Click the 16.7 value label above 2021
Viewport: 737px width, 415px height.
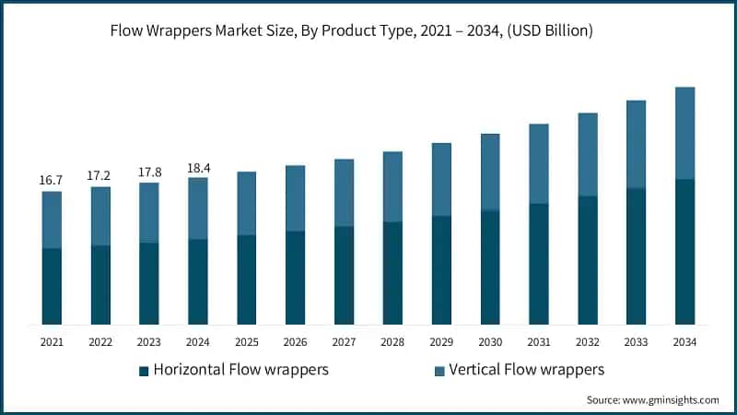[x=52, y=179]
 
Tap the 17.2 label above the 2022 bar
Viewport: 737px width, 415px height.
[x=100, y=174]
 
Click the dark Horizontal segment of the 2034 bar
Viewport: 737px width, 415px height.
[x=684, y=251]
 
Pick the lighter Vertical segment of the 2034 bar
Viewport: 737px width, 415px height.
[x=684, y=133]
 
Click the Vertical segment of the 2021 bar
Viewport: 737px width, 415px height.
[x=52, y=219]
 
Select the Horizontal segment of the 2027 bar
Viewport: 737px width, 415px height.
[x=344, y=275]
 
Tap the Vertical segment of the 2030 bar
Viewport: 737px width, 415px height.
[x=490, y=172]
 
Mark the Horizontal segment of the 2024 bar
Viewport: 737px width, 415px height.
[x=197, y=281]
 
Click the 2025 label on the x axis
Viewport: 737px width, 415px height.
[x=246, y=342]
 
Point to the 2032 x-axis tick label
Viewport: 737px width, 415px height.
[x=587, y=342]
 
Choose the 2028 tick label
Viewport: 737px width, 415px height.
[x=392, y=342]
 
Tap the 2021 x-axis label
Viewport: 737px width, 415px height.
[x=52, y=342]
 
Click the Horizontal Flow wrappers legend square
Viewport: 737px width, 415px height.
[x=144, y=372]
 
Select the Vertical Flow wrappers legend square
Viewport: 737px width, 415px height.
[x=439, y=372]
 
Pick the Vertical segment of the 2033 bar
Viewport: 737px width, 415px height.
[x=636, y=144]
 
